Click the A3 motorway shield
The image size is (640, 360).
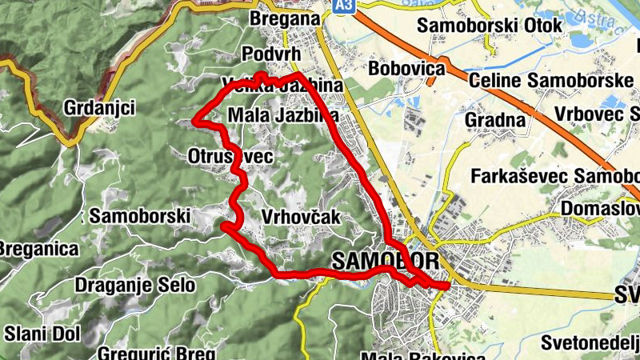[x=343, y=6]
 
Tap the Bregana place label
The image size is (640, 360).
[x=278, y=18]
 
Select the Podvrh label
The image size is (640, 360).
[x=270, y=54]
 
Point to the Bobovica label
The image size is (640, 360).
[x=406, y=69]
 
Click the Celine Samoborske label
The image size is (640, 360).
[x=551, y=81]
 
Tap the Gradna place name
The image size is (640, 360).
[x=495, y=121]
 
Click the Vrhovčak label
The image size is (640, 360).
[x=301, y=217]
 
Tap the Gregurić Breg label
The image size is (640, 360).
[x=157, y=353]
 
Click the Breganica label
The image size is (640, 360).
[x=38, y=248]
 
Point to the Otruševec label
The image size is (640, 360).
[x=231, y=156]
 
